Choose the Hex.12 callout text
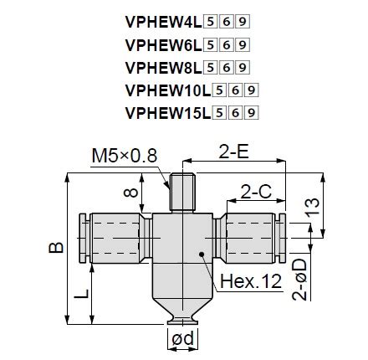point(249,282)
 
